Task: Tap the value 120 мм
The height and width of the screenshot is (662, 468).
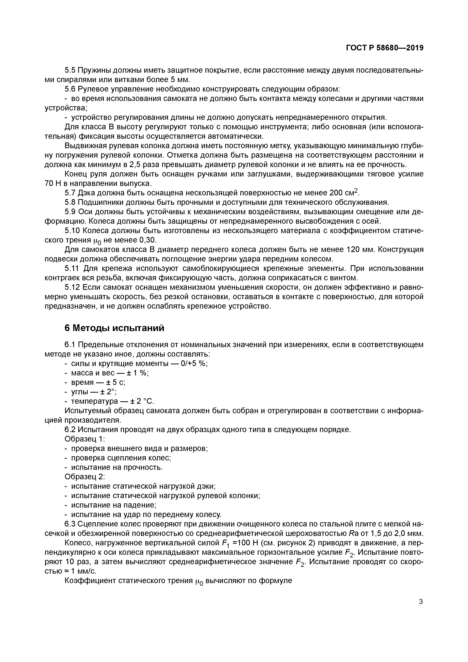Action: click(360, 249)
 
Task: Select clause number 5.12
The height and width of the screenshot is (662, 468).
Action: click(72, 287)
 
